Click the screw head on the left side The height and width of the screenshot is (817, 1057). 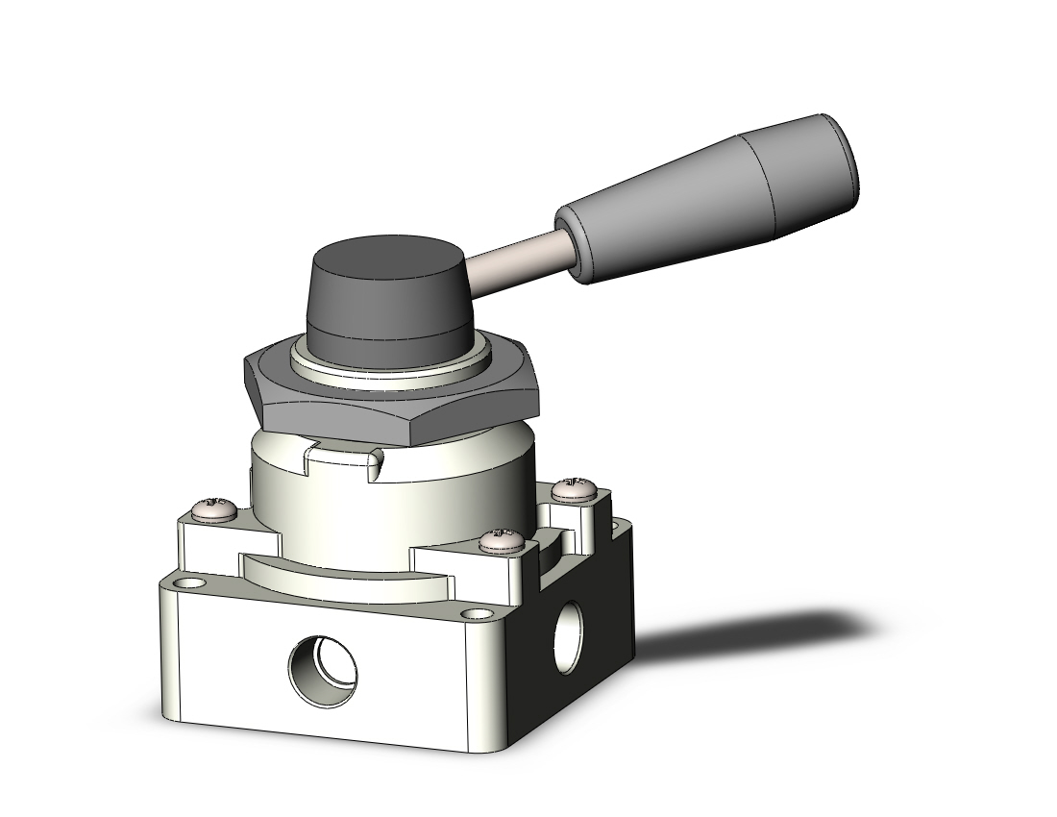(214, 508)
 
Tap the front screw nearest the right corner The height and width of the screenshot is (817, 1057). (503, 540)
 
